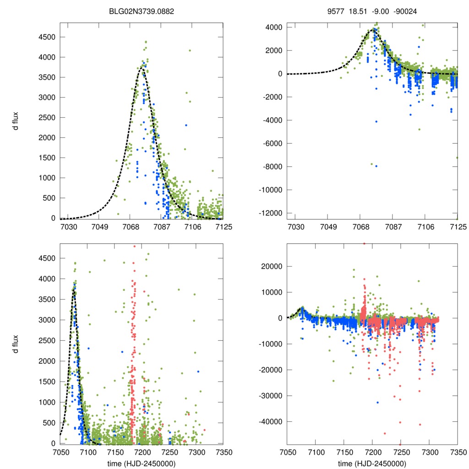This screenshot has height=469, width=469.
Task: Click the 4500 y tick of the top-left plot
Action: click(x=47, y=37)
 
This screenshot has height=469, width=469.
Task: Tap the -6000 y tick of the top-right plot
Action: click(x=273, y=143)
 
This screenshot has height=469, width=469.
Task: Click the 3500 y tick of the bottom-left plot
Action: click(x=47, y=299)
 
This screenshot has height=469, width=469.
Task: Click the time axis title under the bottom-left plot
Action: click(x=142, y=463)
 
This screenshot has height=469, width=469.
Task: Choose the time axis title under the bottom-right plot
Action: click(x=372, y=463)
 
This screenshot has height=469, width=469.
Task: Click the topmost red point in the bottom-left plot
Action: click(x=134, y=246)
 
